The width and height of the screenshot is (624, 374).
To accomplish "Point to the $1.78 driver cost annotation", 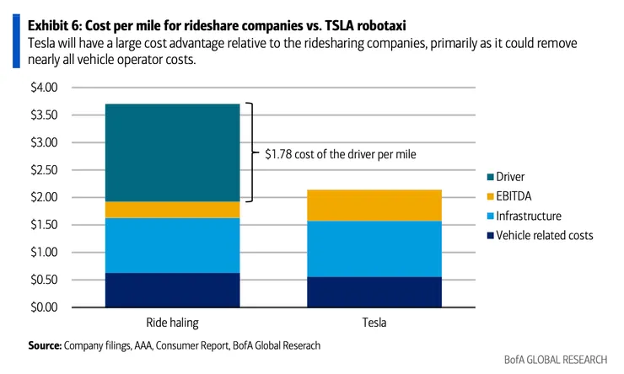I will [342, 154].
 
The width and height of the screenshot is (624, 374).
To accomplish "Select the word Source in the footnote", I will [44, 345].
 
